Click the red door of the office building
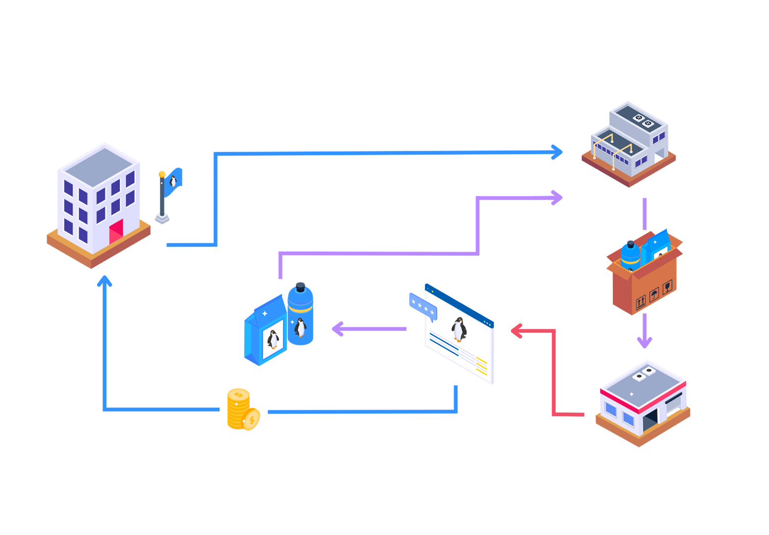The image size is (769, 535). click(116, 232)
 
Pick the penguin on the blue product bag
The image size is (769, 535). click(273, 339)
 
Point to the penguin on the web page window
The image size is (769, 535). click(459, 329)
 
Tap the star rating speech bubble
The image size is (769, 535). click(422, 306)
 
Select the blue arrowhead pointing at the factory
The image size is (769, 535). click(557, 152)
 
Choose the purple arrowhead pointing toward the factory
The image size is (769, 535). click(557, 198)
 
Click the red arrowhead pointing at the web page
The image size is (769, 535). click(517, 331)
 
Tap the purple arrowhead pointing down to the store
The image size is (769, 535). click(644, 342)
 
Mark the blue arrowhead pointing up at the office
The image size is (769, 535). click(105, 281)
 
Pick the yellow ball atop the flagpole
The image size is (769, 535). click(162, 174)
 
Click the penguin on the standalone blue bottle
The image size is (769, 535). click(300, 327)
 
